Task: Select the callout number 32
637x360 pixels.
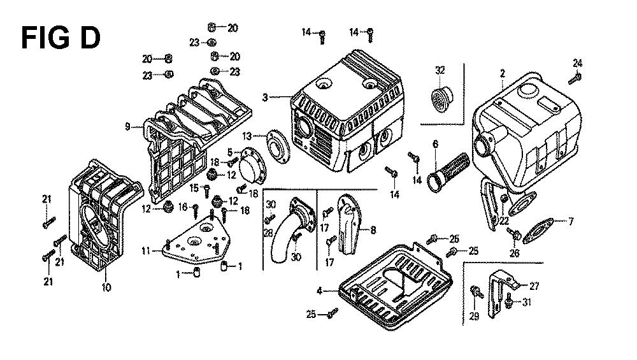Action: pos(440,70)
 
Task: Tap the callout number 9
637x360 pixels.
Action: pos(128,127)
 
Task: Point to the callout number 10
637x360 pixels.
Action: pos(106,287)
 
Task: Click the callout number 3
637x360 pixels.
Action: pos(264,97)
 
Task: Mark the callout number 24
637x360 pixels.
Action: pos(577,62)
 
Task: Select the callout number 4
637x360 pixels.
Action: pos(319,291)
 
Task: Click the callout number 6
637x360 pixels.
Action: pos(435,144)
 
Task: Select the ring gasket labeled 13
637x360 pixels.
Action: pos(276,145)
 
